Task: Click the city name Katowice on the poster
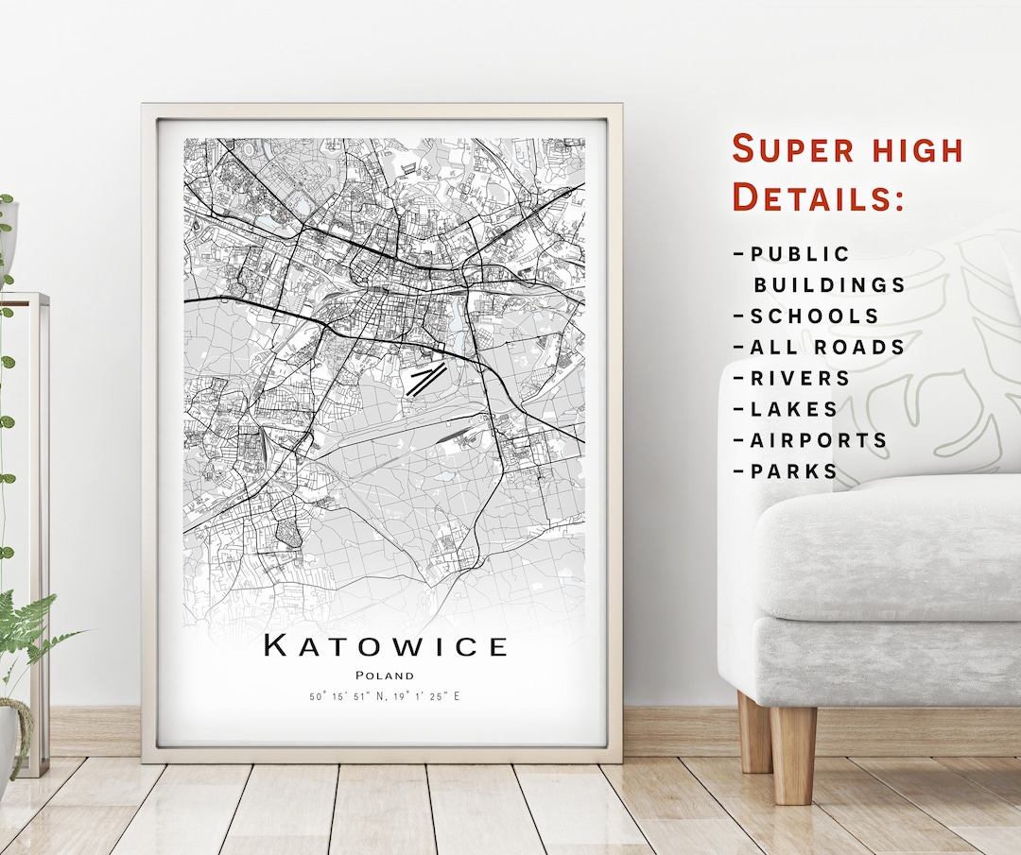pos(386,646)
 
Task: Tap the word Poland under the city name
pos(385,675)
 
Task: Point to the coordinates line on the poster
pos(385,697)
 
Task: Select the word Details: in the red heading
pos(819,197)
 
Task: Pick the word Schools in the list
pos(814,316)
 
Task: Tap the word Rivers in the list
pos(800,379)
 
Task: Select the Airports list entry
pos(819,441)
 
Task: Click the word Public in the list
pos(800,254)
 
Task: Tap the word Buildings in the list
pos(829,285)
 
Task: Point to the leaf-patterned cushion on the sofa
pos(936,359)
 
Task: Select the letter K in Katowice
pos(275,646)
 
